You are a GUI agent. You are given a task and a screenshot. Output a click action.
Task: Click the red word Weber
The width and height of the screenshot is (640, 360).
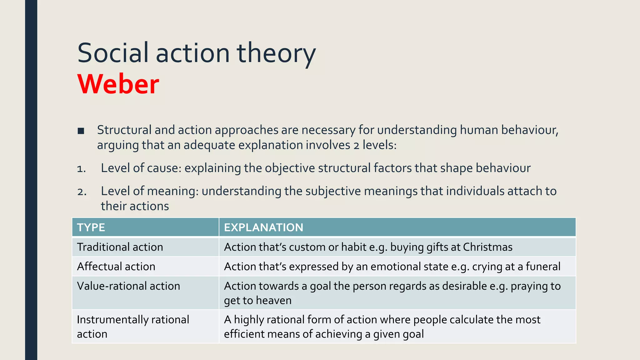[x=118, y=84]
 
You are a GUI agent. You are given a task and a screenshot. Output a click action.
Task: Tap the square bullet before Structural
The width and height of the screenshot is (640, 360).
[x=81, y=131]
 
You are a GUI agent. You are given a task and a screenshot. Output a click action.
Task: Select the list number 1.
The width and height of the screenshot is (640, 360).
[x=81, y=169]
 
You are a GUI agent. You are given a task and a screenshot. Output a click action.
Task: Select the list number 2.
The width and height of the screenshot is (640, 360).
[x=82, y=192]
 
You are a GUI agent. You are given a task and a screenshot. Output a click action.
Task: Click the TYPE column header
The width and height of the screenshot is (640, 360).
[x=91, y=227]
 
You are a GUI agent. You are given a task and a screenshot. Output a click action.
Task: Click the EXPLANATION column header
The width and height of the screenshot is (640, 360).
[x=263, y=227]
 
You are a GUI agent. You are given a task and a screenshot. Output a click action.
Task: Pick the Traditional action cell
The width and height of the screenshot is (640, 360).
[x=120, y=247]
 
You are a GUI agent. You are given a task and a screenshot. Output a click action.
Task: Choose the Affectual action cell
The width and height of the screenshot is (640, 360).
[x=116, y=267]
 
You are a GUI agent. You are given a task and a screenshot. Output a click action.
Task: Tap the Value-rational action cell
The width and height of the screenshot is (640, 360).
[x=128, y=286]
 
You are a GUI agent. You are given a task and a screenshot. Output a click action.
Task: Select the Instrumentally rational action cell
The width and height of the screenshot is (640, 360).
[x=133, y=327]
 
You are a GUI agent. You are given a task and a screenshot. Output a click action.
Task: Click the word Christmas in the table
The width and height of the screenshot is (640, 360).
[x=487, y=247]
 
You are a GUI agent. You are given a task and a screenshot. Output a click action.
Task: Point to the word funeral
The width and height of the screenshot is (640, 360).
[x=543, y=267]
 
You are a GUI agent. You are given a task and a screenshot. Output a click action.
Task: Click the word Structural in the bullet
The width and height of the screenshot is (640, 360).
[x=124, y=130]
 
